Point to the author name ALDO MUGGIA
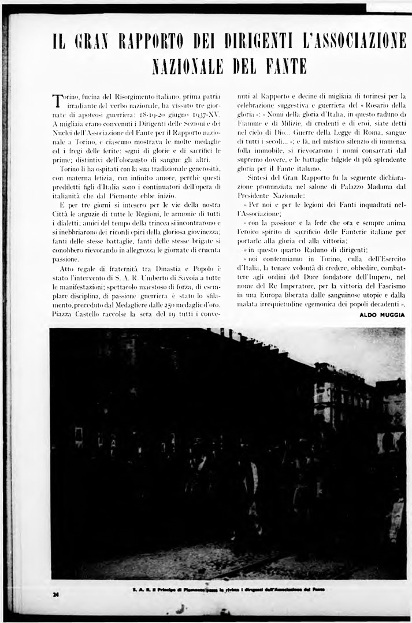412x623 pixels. [382, 314]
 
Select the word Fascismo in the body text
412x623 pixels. [387, 285]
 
